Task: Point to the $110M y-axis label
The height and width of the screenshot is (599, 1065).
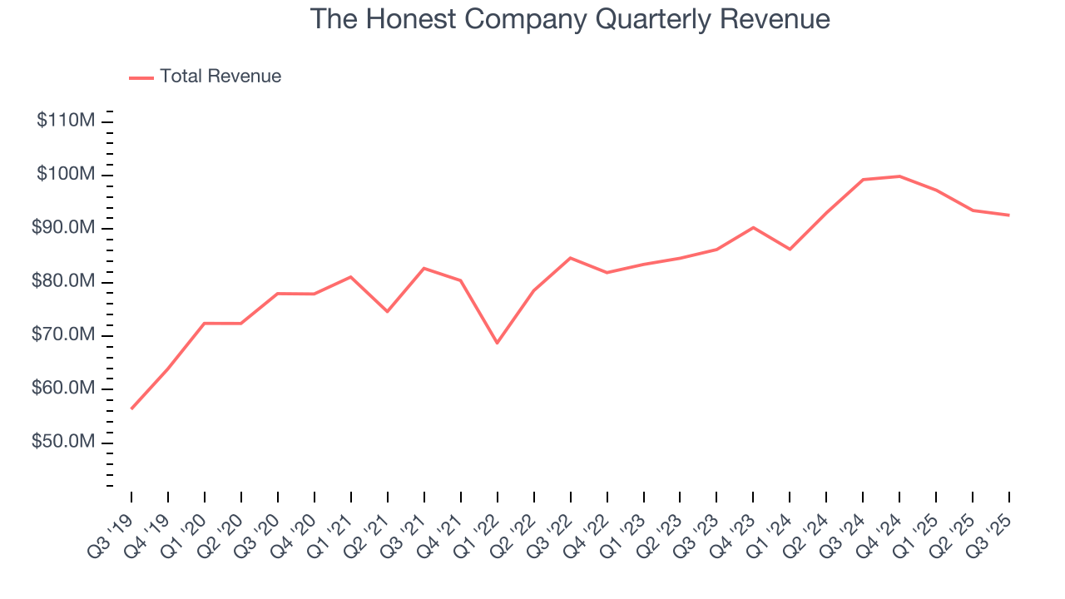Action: (x=66, y=121)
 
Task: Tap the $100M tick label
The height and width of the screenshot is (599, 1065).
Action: (x=66, y=175)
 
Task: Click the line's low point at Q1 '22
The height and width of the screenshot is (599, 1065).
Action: (x=498, y=343)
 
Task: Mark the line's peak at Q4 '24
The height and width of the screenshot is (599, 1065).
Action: (x=899, y=176)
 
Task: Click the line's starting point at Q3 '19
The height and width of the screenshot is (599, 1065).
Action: (x=131, y=408)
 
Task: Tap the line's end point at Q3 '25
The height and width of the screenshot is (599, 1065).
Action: (x=1009, y=215)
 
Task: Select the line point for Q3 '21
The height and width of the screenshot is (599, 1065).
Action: (x=424, y=268)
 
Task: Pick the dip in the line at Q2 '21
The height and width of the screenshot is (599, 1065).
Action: (x=388, y=311)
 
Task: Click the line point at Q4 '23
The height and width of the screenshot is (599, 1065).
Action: (x=753, y=227)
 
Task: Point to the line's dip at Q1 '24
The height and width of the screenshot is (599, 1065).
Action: (x=790, y=249)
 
